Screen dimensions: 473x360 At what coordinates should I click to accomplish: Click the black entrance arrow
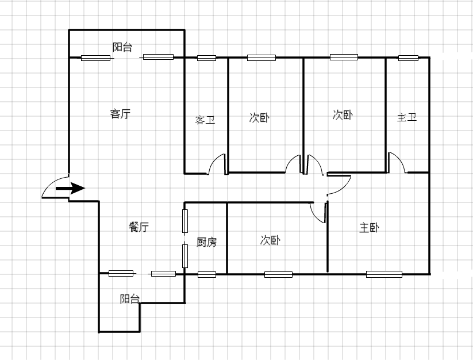(70, 188)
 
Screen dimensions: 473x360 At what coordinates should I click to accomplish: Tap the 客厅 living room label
(120, 114)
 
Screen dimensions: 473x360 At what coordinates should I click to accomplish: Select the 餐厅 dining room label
(139, 227)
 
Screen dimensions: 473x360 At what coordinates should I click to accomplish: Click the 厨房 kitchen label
(206, 242)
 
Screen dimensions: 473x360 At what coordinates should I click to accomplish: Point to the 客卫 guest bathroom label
(205, 120)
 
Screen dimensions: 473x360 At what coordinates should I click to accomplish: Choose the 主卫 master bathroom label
(407, 117)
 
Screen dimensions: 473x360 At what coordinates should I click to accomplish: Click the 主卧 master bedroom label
(369, 228)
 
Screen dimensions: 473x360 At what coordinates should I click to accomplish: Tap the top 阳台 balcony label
(122, 47)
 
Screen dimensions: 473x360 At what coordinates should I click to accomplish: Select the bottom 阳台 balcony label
(130, 298)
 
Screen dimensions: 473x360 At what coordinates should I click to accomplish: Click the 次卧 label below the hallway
(270, 240)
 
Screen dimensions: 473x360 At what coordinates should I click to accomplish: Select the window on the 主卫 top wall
(408, 58)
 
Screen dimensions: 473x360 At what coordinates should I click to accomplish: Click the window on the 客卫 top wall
(207, 58)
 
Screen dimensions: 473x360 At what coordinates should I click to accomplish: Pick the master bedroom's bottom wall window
(384, 274)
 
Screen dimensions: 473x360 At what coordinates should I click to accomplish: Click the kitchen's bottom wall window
(207, 275)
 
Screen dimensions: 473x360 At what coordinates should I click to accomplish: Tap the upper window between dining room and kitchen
(185, 221)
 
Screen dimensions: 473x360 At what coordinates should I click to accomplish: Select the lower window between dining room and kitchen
(185, 256)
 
